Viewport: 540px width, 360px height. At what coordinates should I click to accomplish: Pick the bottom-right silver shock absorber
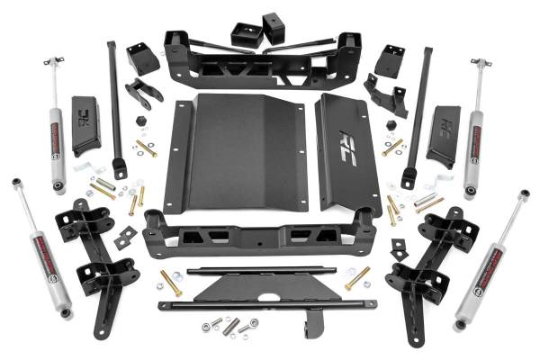click(490, 261)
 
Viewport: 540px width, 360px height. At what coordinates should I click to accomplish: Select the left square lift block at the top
click(243, 34)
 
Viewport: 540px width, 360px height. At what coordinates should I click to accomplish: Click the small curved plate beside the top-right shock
click(443, 126)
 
